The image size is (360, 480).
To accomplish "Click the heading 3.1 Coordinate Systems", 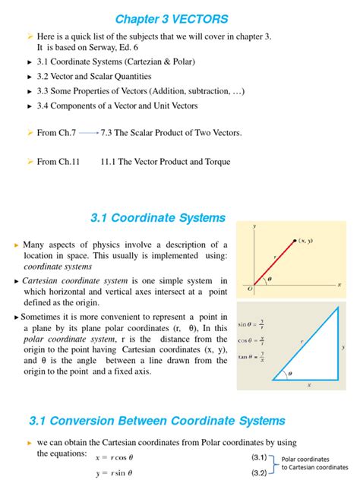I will click(x=157, y=218).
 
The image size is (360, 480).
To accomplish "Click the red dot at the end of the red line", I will click(x=295, y=242).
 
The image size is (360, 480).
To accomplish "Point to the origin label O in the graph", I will click(x=249, y=289).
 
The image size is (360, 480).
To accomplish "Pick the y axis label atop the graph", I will click(x=254, y=226).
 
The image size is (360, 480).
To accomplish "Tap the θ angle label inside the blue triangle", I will click(x=289, y=373).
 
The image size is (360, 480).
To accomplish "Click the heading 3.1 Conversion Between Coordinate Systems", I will click(x=156, y=420).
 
